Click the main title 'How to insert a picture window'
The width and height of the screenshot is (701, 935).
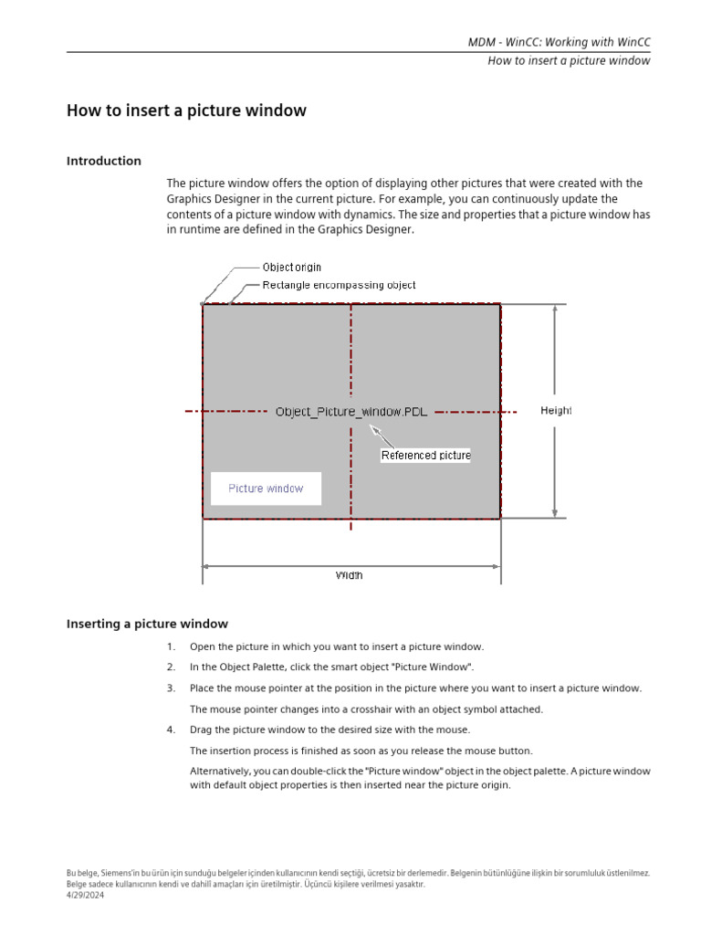[186, 110]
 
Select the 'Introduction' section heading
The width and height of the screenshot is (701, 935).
[104, 161]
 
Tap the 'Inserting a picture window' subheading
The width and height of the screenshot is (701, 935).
[147, 624]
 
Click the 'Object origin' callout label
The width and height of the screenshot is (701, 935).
[291, 268]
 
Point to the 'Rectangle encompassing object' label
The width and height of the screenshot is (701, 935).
[339, 285]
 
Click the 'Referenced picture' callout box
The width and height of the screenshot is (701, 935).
[425, 455]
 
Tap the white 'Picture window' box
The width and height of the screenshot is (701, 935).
[266, 489]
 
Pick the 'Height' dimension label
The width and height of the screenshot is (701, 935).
[556, 411]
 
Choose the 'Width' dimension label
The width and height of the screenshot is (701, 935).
[349, 575]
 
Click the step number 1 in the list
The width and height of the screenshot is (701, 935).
[171, 646]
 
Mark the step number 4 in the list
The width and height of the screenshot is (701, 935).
[171, 730]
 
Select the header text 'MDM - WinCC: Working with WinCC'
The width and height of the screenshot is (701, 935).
[559, 42]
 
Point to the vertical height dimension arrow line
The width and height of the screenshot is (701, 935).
[554, 365]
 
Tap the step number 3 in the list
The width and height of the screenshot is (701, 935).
[171, 688]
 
